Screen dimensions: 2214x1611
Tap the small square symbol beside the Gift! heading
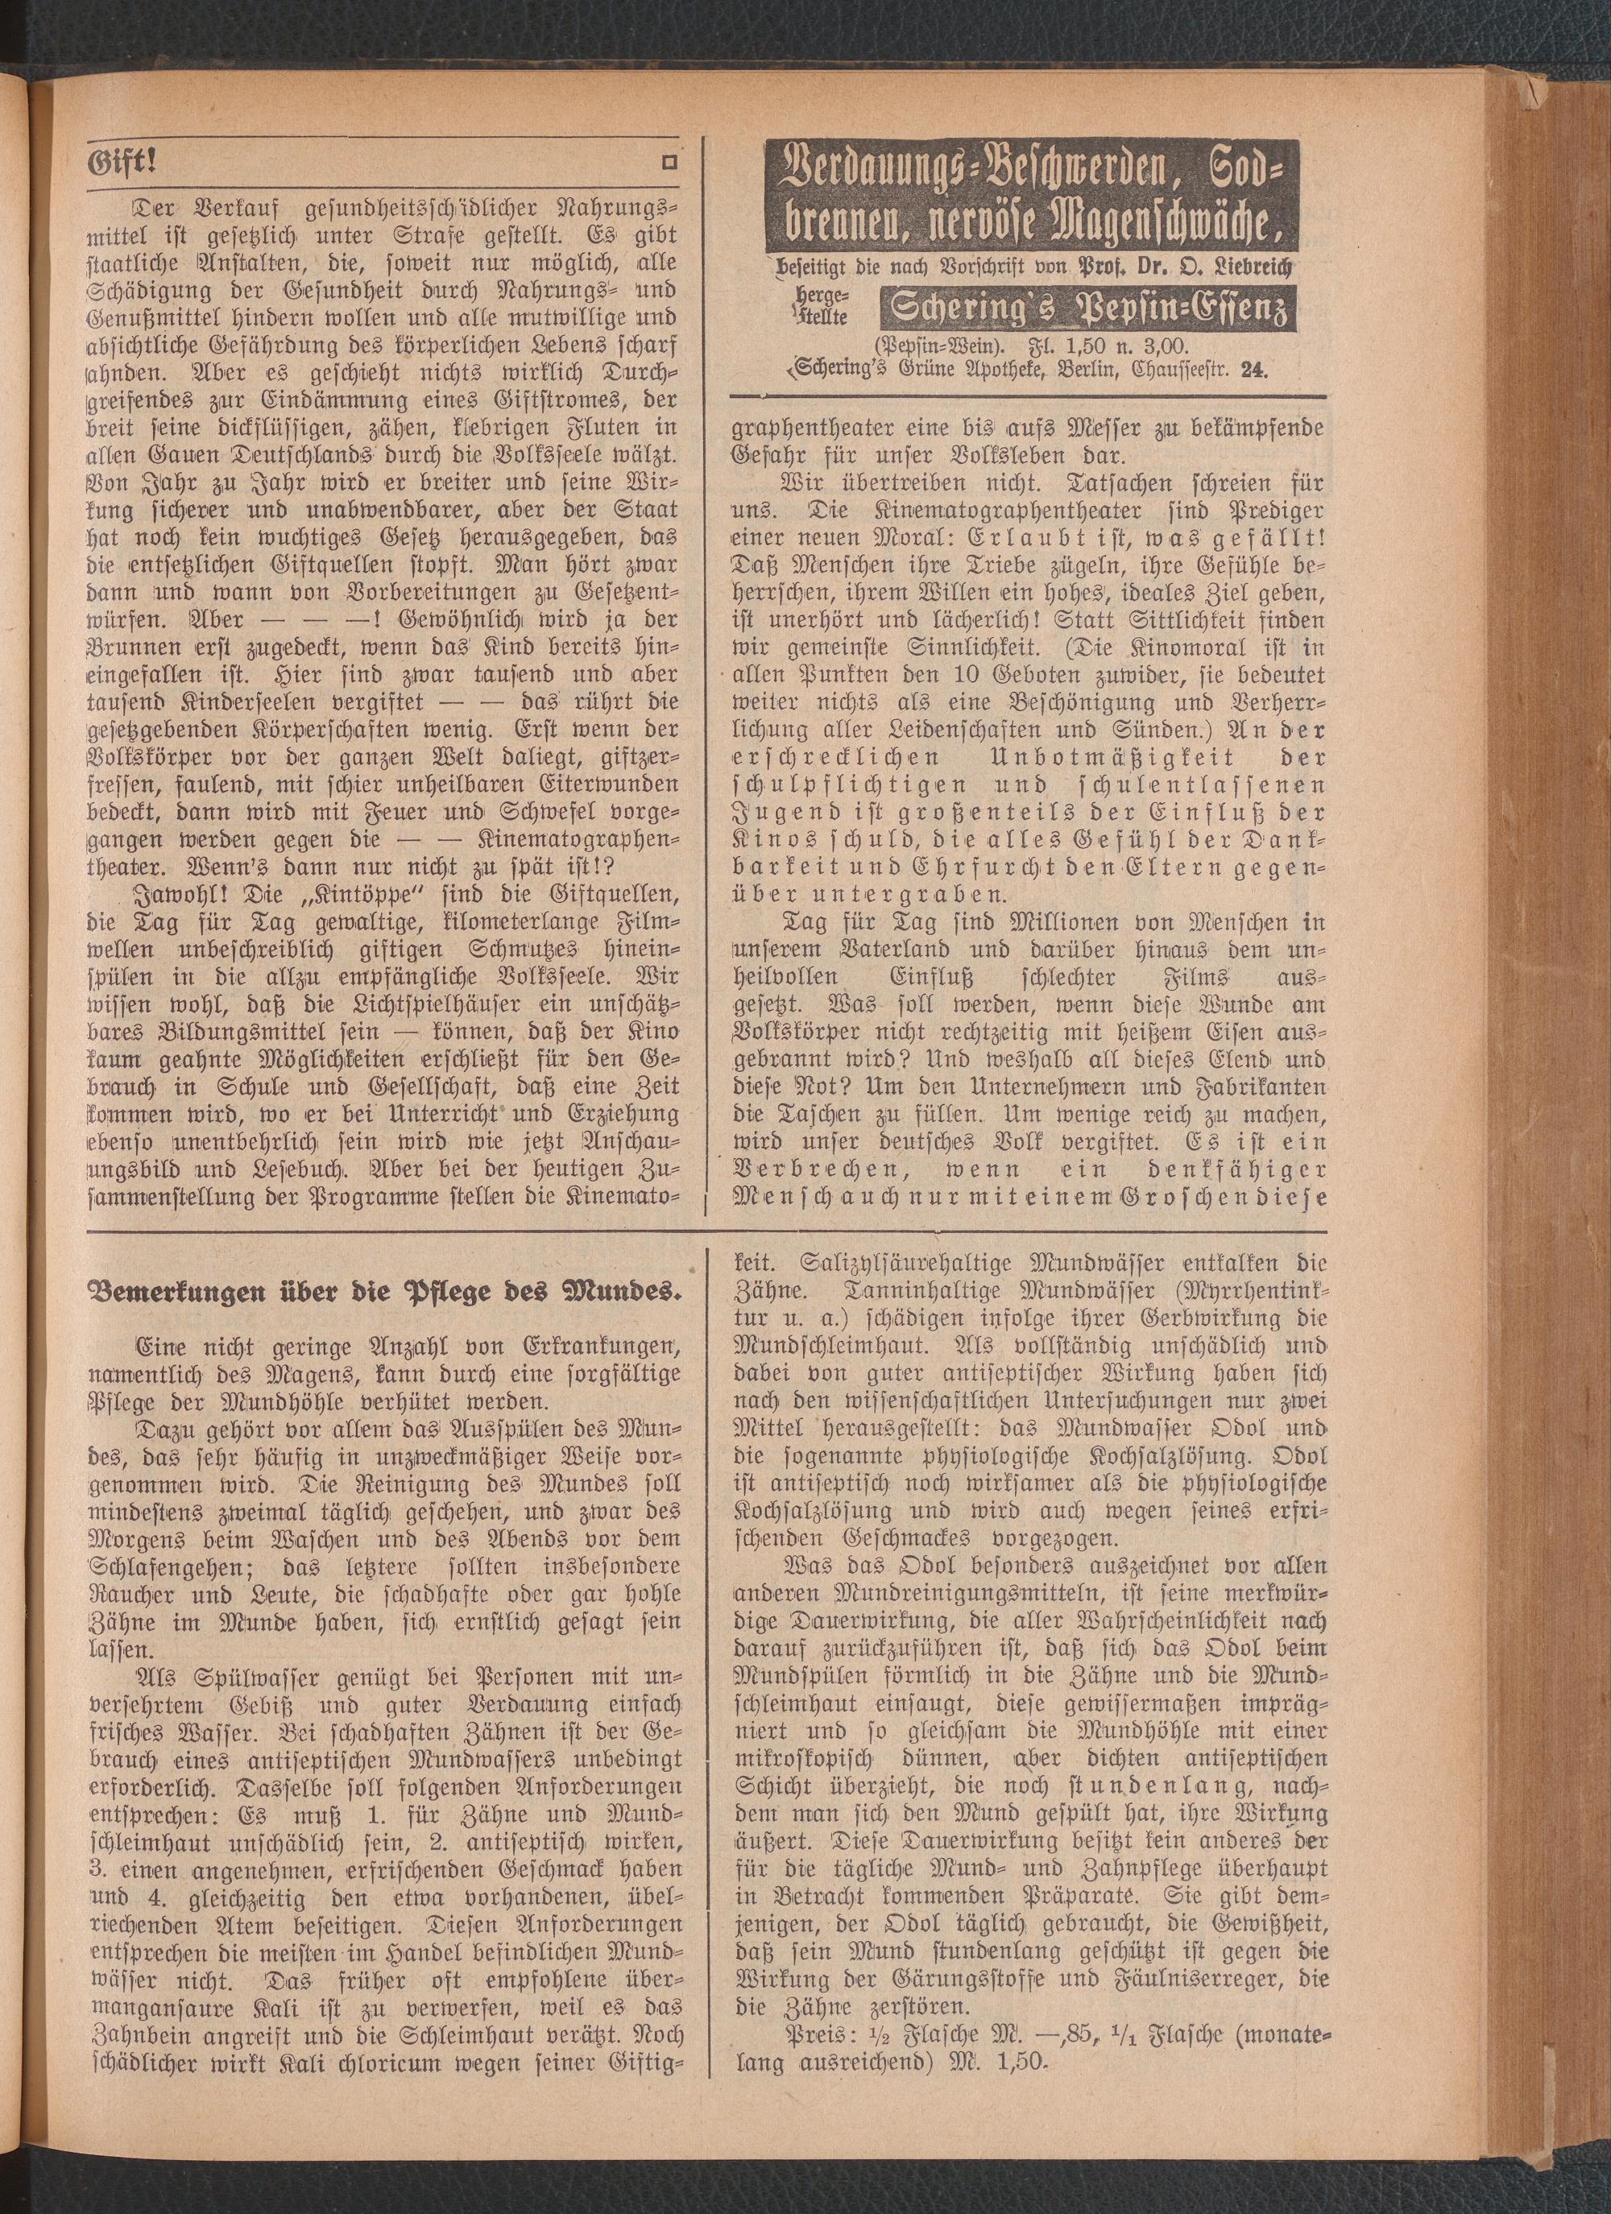coord(670,164)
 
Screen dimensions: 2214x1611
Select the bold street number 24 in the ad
coord(1253,370)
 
